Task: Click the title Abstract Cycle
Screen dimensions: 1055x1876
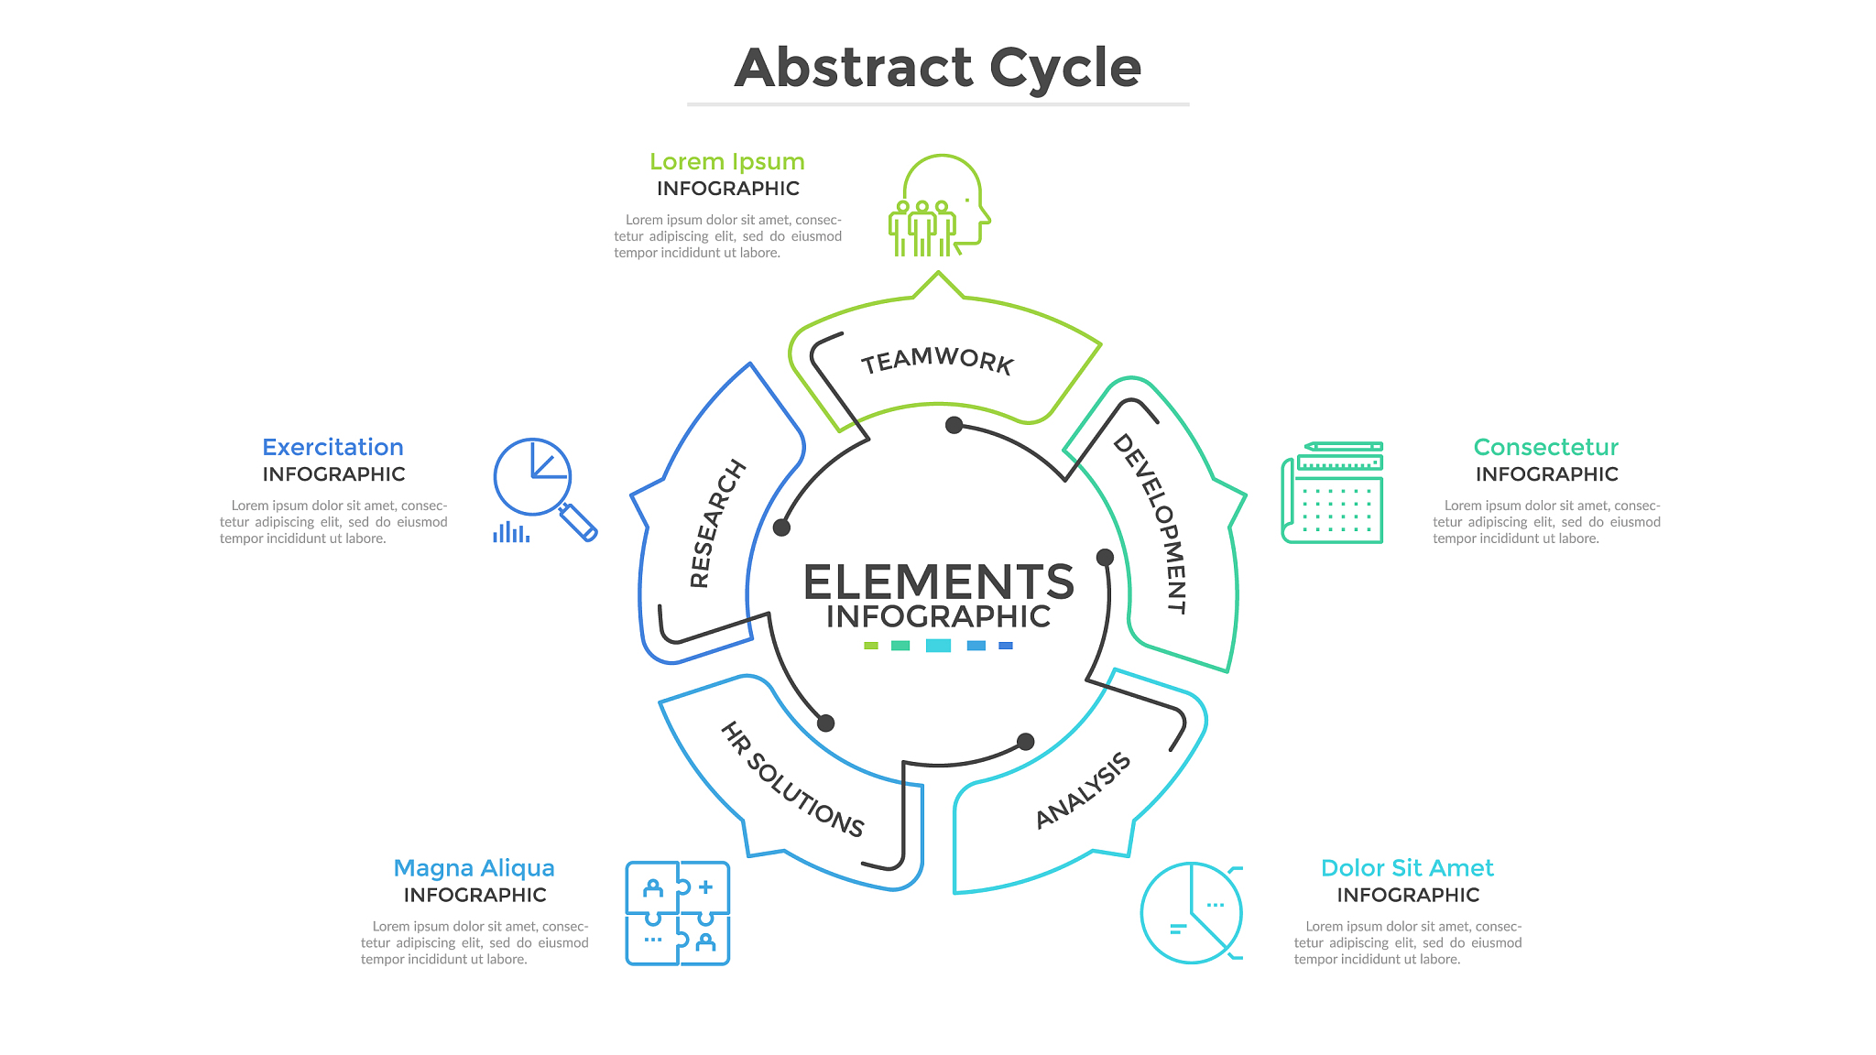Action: tap(938, 69)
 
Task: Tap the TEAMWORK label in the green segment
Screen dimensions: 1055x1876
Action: tap(937, 360)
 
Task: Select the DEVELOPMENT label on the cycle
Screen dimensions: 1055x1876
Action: tap(1151, 523)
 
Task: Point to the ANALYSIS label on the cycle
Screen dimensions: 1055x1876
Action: tap(1083, 790)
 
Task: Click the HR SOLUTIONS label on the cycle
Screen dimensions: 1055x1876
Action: tap(792, 779)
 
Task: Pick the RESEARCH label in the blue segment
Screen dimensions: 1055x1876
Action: tap(717, 523)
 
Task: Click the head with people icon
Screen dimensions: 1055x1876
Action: tap(939, 206)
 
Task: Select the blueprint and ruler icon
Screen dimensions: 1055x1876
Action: tap(1332, 493)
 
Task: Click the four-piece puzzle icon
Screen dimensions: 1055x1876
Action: tap(678, 913)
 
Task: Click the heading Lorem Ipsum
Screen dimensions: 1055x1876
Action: tap(727, 162)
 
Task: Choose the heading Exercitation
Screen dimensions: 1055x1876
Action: tap(333, 448)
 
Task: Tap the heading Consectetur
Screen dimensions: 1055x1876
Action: tap(1545, 448)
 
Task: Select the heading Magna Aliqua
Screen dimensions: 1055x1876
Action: tap(474, 868)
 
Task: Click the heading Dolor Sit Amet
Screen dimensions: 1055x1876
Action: tap(1407, 868)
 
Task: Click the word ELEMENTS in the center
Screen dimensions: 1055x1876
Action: tap(938, 582)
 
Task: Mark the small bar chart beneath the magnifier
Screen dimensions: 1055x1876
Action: tap(511, 532)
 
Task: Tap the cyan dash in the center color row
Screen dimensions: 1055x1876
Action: tap(938, 646)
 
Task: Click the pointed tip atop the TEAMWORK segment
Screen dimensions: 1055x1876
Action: tap(938, 275)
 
